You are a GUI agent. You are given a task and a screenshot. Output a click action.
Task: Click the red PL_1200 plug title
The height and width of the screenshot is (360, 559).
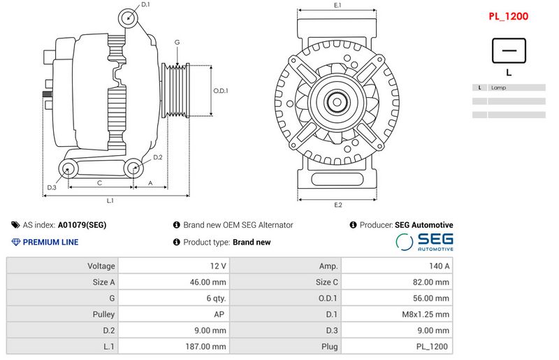[508, 16]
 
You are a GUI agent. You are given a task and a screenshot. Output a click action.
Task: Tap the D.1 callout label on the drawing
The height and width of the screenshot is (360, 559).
[145, 5]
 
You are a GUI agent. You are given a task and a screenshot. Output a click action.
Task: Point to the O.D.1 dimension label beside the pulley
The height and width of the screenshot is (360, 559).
[221, 91]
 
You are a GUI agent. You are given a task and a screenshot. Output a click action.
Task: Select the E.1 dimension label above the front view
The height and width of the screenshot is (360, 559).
[337, 5]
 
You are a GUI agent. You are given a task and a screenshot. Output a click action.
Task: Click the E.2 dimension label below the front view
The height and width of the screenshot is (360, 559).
[338, 205]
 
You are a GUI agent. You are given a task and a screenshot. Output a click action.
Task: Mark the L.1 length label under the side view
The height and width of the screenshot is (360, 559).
[110, 201]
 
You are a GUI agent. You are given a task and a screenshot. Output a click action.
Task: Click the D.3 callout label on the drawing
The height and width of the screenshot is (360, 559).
[52, 187]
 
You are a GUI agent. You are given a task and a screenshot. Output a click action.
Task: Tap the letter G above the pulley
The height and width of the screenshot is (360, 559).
[177, 42]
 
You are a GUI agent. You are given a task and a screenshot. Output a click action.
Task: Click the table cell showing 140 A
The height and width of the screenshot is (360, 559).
[440, 266]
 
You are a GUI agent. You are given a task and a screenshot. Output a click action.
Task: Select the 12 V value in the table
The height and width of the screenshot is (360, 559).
[218, 266]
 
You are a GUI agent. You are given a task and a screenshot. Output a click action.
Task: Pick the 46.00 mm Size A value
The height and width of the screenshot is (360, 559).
[208, 282]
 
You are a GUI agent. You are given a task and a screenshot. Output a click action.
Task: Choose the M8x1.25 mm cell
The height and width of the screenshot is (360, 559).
[426, 315]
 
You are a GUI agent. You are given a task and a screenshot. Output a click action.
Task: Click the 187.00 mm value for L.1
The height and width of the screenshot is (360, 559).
[205, 347]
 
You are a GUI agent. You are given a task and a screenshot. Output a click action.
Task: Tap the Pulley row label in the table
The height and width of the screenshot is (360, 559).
[103, 315]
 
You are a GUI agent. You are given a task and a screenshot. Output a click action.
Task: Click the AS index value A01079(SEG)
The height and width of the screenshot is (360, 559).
[82, 225]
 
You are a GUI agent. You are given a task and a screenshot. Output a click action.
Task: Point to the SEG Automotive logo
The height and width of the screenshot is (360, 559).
[425, 242]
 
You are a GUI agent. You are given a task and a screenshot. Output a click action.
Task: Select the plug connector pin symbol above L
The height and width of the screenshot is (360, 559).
[509, 50]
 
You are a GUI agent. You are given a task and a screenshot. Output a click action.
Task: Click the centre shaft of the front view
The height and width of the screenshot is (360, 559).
[337, 101]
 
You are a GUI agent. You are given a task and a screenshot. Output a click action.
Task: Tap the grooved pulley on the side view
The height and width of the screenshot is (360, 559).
[176, 90]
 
